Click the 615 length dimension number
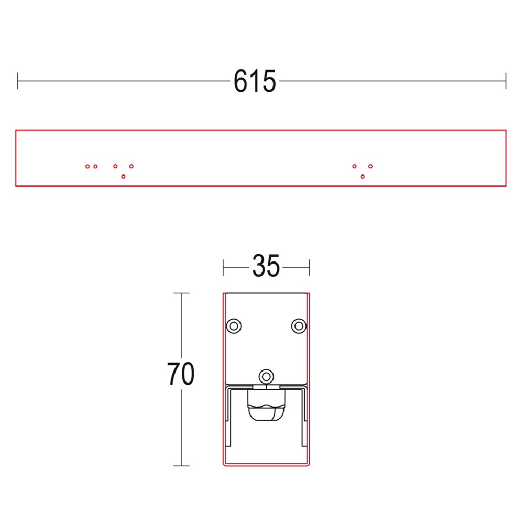coord(255,81)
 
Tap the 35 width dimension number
coord(266,266)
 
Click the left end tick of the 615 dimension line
coord(18,81)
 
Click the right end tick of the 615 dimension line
coord(506,81)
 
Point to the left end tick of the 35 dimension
coord(224,267)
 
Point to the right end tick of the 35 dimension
coord(310,267)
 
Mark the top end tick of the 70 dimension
coord(181,293)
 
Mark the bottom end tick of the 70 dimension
coord(181,466)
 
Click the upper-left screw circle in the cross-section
coord(234,325)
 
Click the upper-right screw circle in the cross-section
coord(299,325)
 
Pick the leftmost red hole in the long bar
coord(88,167)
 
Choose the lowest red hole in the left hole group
coord(123,177)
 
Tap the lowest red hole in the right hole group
coord(363,177)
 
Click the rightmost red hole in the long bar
coord(370,167)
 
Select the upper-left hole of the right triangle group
coord(355,167)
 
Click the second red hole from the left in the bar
coord(95,167)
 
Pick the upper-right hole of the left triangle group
coord(132,167)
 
